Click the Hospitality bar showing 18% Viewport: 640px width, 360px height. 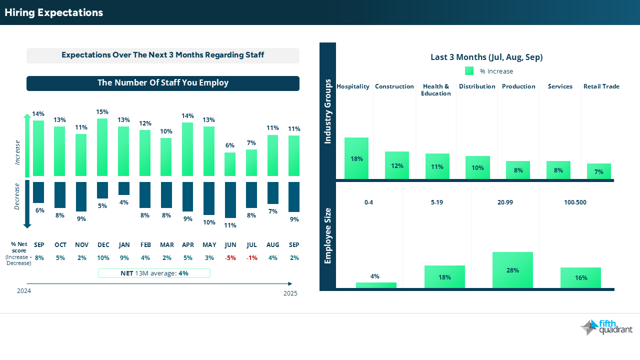[x=356, y=158]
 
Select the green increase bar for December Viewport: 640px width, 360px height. [x=102, y=147]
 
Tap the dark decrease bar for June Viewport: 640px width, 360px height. [x=230, y=199]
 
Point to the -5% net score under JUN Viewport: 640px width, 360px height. [x=230, y=258]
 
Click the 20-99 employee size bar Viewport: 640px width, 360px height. [x=512, y=270]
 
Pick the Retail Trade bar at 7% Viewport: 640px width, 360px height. [x=599, y=171]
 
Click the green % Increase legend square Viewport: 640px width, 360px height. [x=469, y=71]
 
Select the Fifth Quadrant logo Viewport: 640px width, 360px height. [x=606, y=327]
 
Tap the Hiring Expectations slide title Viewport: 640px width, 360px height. [x=54, y=12]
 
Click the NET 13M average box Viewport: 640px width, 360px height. [x=154, y=273]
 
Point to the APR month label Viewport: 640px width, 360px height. [x=188, y=245]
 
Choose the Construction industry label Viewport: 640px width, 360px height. [x=394, y=86]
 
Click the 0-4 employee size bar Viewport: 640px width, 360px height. [x=376, y=285]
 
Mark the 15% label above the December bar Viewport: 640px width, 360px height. [x=102, y=112]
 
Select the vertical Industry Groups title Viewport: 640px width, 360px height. [x=328, y=111]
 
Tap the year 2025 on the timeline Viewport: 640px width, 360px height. [x=290, y=293]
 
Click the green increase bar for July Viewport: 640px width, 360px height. [x=251, y=162]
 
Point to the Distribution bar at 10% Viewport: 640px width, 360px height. [x=477, y=167]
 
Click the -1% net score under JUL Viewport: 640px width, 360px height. [x=251, y=258]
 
